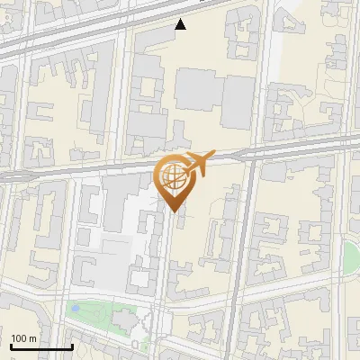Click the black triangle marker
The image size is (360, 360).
pos(181,24)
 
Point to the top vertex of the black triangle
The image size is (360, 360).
pos(181,19)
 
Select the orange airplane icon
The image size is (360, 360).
pos(197,164)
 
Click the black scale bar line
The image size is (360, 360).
pos(40,347)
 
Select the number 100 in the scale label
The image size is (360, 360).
pos(20,338)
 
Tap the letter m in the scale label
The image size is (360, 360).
pos(33,338)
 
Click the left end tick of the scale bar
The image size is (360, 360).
pos(10,346)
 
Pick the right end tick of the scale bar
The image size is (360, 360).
pos(71,346)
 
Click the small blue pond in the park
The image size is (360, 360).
pos(78,310)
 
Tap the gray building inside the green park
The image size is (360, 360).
pos(124,319)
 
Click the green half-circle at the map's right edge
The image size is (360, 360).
pos(351,256)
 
